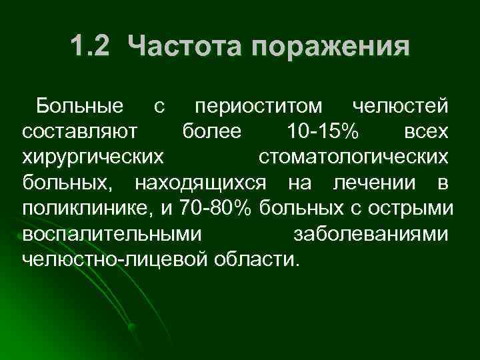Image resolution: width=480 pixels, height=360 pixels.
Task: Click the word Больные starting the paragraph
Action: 79,106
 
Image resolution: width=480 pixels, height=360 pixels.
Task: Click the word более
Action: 212,131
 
